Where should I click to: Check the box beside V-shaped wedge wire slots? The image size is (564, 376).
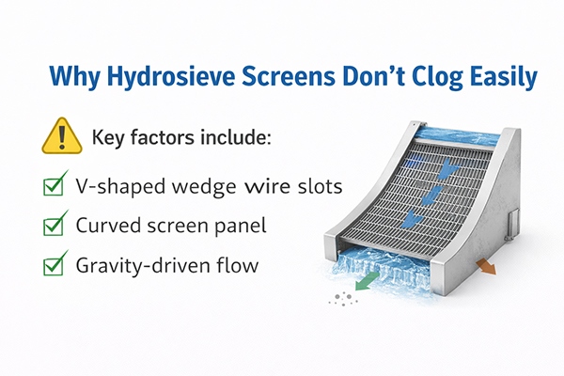coord(54,185)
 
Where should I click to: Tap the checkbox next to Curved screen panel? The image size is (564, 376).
coord(54,225)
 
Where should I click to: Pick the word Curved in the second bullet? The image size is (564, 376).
coord(105,226)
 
